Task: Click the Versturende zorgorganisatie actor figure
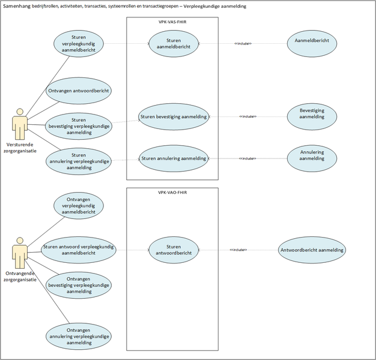point(20,124)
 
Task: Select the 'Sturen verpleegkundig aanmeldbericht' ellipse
point(78,44)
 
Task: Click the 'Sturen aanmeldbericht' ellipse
point(174,44)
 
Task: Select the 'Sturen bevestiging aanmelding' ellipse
point(174,116)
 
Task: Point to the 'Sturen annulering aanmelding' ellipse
point(174,158)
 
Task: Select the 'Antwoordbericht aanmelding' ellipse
point(312,250)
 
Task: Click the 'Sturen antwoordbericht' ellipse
point(174,250)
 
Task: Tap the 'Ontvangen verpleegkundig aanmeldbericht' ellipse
point(78,205)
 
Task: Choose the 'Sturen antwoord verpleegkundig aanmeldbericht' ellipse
point(78,250)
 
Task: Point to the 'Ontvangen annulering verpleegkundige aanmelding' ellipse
point(78,337)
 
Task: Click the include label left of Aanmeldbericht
point(243,44)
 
